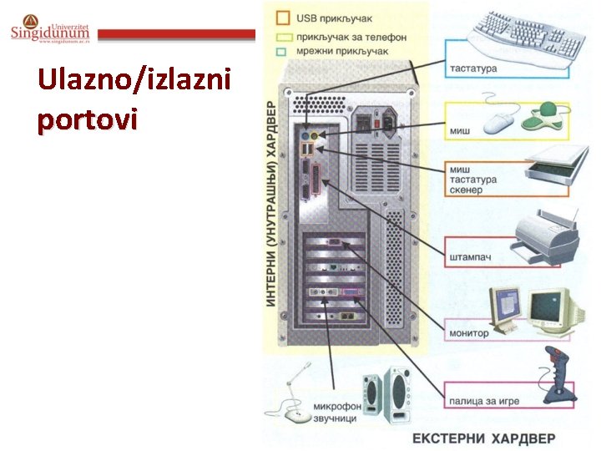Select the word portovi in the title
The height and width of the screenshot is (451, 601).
87,119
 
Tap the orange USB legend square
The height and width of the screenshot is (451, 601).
283,17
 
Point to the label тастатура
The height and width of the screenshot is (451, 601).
473,68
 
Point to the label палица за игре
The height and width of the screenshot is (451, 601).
483,401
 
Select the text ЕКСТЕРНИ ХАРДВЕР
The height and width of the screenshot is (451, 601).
483,438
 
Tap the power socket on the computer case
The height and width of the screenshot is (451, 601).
385,122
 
